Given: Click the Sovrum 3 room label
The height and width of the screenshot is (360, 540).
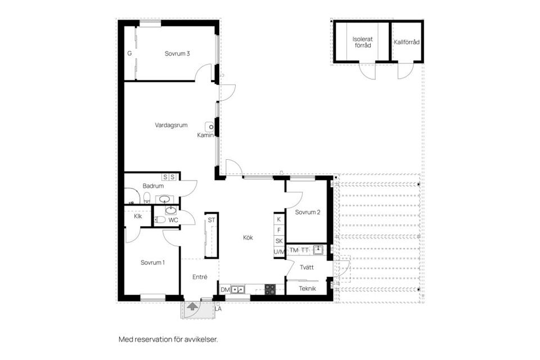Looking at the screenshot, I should pyautogui.click(x=177, y=54).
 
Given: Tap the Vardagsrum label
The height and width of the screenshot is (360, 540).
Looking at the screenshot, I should pyautogui.click(x=171, y=125).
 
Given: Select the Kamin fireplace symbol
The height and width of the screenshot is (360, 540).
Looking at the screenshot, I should pyautogui.click(x=210, y=127).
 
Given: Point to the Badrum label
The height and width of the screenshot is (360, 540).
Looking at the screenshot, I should pyautogui.click(x=153, y=186).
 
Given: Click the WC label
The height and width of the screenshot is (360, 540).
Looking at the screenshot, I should pyautogui.click(x=173, y=220).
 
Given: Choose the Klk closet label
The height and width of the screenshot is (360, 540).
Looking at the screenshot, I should pyautogui.click(x=138, y=217).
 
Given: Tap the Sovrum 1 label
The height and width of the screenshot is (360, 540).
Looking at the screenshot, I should pyautogui.click(x=152, y=263).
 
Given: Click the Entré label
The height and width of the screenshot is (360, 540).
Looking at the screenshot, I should pyautogui.click(x=200, y=277).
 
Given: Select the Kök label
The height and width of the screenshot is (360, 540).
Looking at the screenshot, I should pyautogui.click(x=247, y=237).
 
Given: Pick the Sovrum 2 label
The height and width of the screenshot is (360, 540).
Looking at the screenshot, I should pyautogui.click(x=308, y=213).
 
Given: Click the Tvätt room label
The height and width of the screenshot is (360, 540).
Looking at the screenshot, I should pyautogui.click(x=306, y=268).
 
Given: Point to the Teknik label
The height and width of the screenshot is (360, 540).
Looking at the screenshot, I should pyautogui.click(x=307, y=289).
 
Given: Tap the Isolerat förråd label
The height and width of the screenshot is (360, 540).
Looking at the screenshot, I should pyautogui.click(x=362, y=43).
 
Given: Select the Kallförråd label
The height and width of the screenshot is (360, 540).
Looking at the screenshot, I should pyautogui.click(x=407, y=42).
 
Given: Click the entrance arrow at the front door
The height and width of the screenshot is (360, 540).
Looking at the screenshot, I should pyautogui.click(x=192, y=307).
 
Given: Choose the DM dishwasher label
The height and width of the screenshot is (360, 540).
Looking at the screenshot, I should pyautogui.click(x=225, y=290).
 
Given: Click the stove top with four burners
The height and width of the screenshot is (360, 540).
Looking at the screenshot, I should pyautogui.click(x=270, y=290).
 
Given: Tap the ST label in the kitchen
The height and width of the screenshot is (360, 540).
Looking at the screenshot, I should pyautogui.click(x=211, y=220).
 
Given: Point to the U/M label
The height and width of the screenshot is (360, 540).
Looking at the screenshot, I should pyautogui.click(x=279, y=252).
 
